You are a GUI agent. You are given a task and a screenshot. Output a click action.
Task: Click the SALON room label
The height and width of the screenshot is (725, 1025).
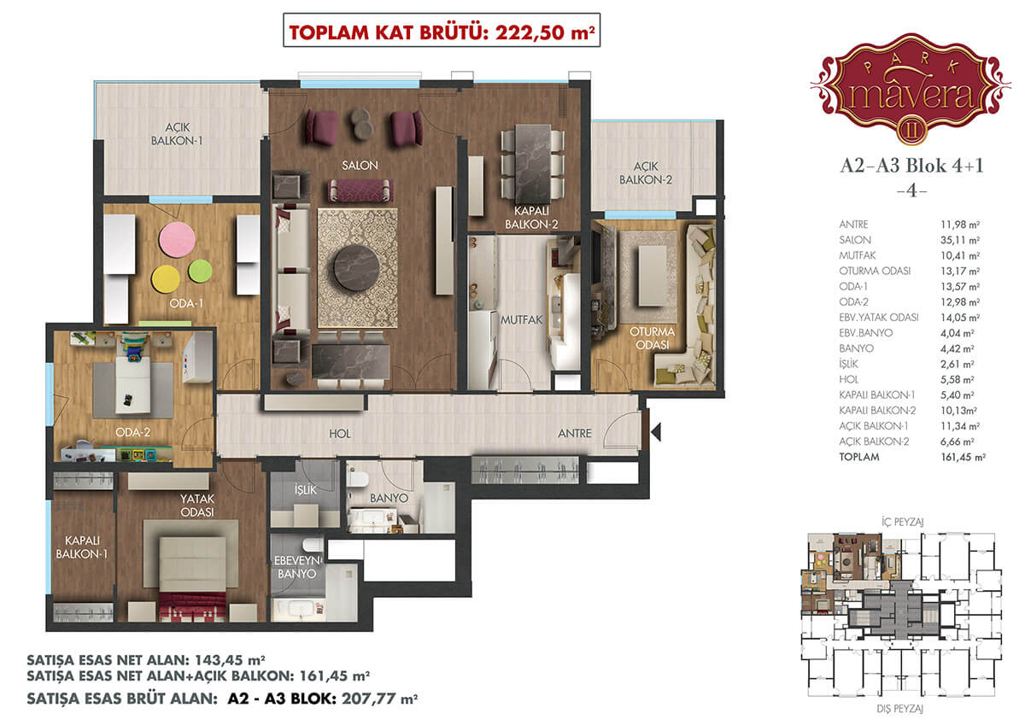pyautogui.click(x=360, y=165)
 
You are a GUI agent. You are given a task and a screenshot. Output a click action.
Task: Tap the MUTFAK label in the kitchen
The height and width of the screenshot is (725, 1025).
pyautogui.click(x=521, y=319)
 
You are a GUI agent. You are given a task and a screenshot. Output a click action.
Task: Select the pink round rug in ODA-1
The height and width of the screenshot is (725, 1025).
pyautogui.click(x=177, y=239)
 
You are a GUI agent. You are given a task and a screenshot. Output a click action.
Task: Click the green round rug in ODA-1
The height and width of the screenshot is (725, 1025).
pyautogui.click(x=200, y=272)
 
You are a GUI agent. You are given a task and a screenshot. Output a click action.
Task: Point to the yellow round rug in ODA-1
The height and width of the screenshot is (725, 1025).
pyautogui.click(x=166, y=279)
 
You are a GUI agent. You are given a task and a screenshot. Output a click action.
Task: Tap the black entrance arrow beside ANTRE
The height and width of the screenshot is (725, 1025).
pyautogui.click(x=656, y=432)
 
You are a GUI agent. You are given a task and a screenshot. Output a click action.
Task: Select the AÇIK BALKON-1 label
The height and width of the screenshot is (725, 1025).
pyautogui.click(x=177, y=134)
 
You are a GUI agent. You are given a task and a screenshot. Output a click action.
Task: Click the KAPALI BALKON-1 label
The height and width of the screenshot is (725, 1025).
pyautogui.click(x=81, y=547)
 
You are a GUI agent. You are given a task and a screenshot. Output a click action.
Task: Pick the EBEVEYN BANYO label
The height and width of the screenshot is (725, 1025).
pyautogui.click(x=297, y=567)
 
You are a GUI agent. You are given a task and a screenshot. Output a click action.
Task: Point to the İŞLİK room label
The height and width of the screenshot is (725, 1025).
pyautogui.click(x=305, y=489)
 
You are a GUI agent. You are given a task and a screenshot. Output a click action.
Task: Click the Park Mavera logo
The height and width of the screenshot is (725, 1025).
pyautogui.click(x=911, y=88)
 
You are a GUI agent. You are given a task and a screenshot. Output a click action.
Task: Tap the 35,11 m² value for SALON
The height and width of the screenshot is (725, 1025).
pyautogui.click(x=960, y=240)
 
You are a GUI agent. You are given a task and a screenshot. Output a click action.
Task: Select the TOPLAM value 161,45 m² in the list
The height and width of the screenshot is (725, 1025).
pyautogui.click(x=963, y=457)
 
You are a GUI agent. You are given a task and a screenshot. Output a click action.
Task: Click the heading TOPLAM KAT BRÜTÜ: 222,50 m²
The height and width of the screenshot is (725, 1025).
pyautogui.click(x=442, y=32)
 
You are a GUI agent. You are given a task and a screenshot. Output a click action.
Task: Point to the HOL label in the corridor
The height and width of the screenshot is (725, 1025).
pyautogui.click(x=340, y=434)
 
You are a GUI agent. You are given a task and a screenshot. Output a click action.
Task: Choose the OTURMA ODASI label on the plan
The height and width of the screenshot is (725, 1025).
pyautogui.click(x=652, y=338)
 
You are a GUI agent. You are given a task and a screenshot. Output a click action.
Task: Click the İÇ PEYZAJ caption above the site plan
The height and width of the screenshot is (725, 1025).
pyautogui.click(x=902, y=522)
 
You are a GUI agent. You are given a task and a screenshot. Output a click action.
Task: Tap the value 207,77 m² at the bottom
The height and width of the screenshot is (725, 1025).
pyautogui.click(x=379, y=699)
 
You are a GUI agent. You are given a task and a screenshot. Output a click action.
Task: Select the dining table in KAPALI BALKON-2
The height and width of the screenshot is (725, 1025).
pyautogui.click(x=533, y=163)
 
